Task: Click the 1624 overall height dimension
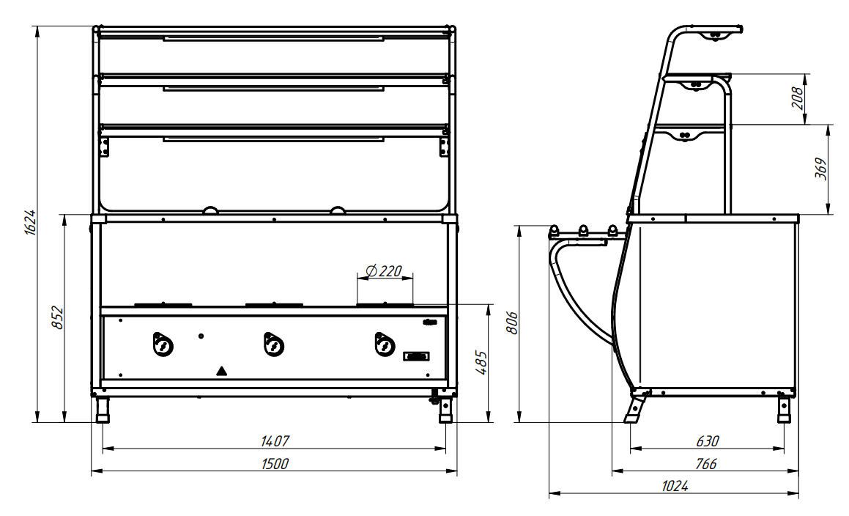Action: (31, 221)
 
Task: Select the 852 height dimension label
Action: (58, 317)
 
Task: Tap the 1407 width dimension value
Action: (275, 441)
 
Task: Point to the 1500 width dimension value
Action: (275, 464)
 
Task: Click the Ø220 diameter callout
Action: (384, 270)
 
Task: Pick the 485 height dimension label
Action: (481, 363)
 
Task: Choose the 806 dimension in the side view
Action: (512, 323)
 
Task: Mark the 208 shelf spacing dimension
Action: (798, 97)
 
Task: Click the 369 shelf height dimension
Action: (821, 169)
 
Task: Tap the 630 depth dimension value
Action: (707, 441)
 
